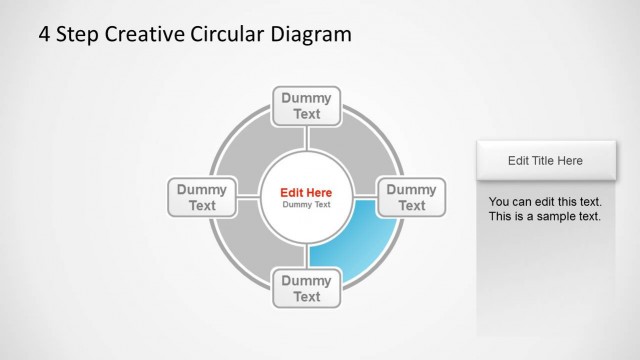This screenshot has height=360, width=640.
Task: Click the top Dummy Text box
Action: coord(307,105)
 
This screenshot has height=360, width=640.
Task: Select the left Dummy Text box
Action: coord(202,197)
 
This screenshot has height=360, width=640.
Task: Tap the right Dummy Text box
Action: coord(411,197)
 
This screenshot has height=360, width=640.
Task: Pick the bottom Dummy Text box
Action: coord(307,288)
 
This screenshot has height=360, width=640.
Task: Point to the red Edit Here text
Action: coord(306,192)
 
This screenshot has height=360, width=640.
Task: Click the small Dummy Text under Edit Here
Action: coord(306,205)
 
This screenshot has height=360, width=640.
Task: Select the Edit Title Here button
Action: coord(545,160)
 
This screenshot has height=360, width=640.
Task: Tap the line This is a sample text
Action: coord(545,216)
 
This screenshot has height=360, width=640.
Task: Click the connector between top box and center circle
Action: coord(307,137)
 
